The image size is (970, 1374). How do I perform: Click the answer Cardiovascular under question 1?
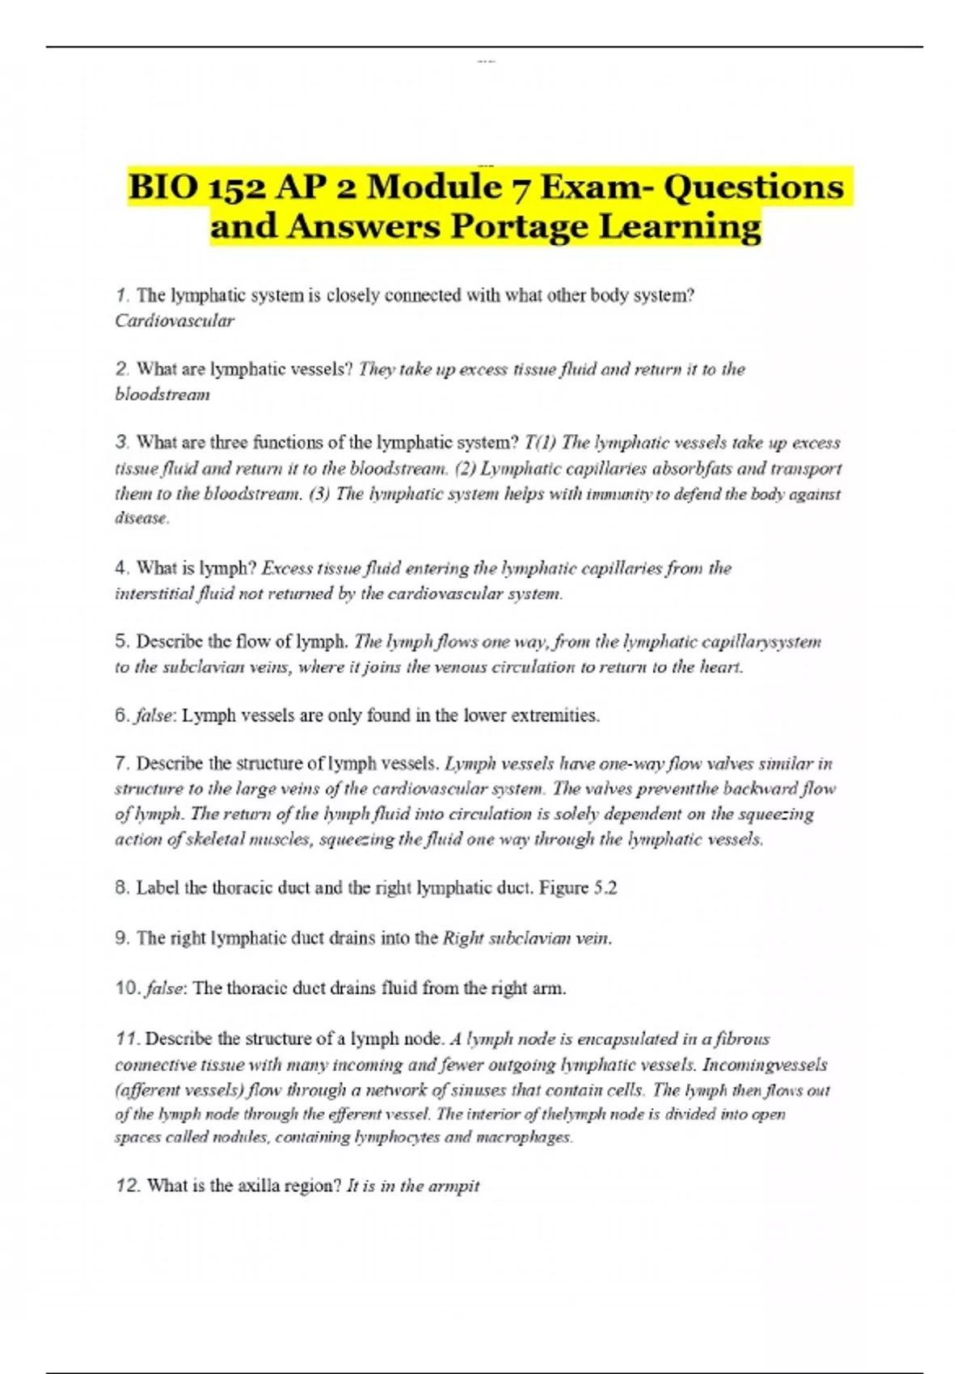[x=175, y=321]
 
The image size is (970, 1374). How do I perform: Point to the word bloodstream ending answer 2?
[x=162, y=394]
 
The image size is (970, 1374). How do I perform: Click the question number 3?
[x=122, y=442]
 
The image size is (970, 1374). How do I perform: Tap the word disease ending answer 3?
[x=141, y=518]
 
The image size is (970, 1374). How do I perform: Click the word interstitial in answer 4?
[x=154, y=593]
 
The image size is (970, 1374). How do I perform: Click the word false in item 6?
[x=156, y=715]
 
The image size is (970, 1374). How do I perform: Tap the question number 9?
[x=122, y=938]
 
